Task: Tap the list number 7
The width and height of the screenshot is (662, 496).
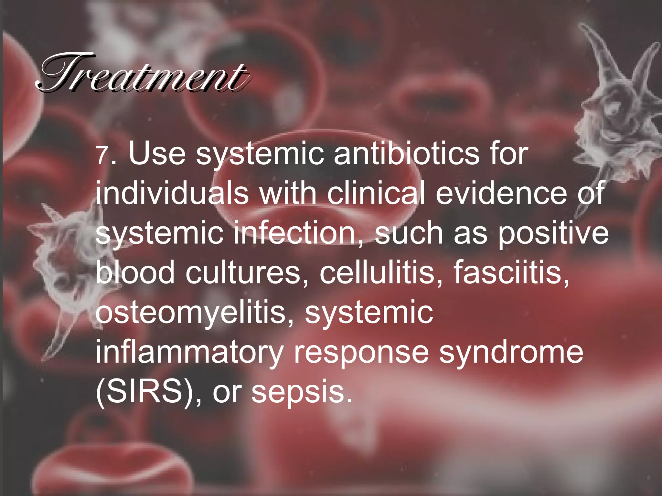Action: tap(103, 156)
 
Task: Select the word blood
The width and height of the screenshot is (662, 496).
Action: tap(135, 272)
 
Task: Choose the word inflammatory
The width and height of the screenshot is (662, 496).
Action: tap(189, 352)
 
